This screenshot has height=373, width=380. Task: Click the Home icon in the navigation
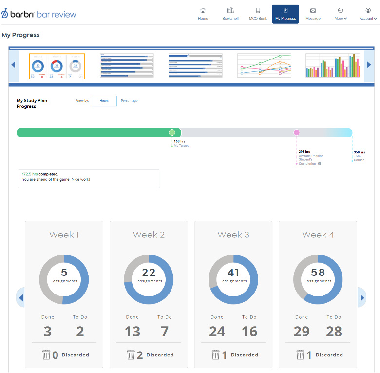coord(203,11)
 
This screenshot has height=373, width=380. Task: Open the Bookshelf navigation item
coord(230,11)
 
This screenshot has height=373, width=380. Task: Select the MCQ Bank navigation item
coord(258,11)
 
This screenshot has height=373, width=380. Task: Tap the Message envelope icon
coord(313,11)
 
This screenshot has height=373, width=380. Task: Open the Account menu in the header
coord(368,11)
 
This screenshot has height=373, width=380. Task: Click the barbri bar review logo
coord(38,14)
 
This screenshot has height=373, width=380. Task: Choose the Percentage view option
coord(129,101)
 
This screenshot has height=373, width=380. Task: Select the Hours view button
coord(104,101)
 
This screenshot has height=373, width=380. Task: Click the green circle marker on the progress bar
coord(172,133)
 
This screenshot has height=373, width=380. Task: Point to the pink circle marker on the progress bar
coord(297,133)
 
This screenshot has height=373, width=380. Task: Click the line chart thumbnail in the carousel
coord(264,65)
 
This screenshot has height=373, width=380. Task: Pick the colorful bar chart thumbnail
coord(332,65)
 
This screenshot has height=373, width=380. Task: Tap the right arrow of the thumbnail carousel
coord(369,65)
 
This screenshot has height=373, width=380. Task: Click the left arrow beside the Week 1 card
coord(20,297)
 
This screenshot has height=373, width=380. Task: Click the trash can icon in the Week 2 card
coord(131,354)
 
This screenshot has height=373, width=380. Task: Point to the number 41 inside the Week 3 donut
coord(233,273)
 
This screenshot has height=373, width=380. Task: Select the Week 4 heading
coord(318,235)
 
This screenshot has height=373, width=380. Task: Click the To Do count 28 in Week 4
coord(334,332)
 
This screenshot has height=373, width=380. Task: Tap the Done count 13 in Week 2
coord(132,332)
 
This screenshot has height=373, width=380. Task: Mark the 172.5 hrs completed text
coord(40,174)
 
